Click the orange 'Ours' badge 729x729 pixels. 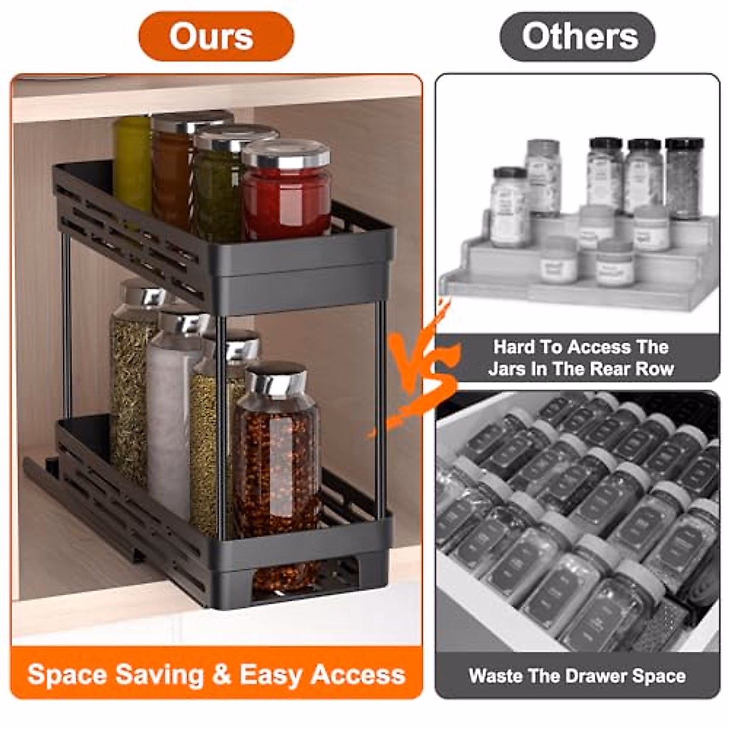coord(216,36)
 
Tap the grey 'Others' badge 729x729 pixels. coord(577,36)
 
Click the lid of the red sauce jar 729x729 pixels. coord(286,154)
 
